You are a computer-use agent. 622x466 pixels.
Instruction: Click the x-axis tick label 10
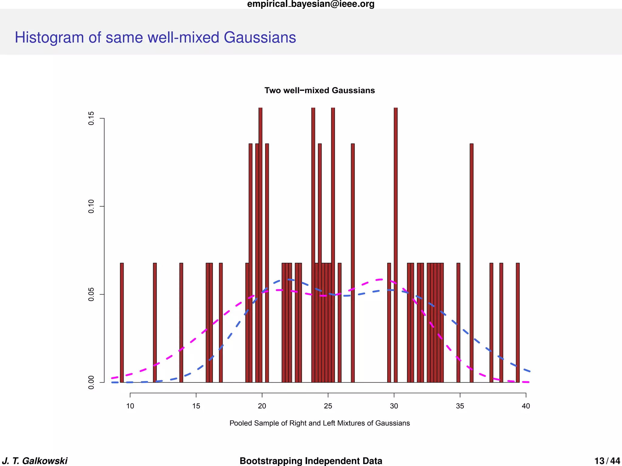(x=130, y=406)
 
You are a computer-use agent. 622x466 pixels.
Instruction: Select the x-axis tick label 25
(x=328, y=406)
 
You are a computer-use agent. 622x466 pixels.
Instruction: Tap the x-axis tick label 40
(x=526, y=406)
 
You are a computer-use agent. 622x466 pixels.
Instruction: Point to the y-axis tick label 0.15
(x=91, y=118)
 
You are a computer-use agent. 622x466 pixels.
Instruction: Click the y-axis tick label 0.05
(x=91, y=294)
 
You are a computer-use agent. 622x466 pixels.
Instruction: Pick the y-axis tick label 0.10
(x=91, y=206)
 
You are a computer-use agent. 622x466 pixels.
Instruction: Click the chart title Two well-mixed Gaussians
(x=320, y=90)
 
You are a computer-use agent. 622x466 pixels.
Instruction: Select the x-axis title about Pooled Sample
(x=320, y=423)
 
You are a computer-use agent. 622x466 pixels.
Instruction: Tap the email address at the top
(x=311, y=4)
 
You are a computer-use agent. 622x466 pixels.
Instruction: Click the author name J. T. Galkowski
(x=35, y=461)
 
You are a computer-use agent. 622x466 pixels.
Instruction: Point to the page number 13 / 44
(x=607, y=461)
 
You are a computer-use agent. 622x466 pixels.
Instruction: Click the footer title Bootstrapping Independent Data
(x=311, y=461)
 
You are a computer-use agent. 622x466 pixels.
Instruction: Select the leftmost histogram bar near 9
(x=122, y=323)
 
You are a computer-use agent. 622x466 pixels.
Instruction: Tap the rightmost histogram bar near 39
(x=518, y=323)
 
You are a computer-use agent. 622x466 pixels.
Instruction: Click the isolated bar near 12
(x=155, y=323)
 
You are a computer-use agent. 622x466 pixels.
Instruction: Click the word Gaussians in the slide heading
(x=260, y=38)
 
